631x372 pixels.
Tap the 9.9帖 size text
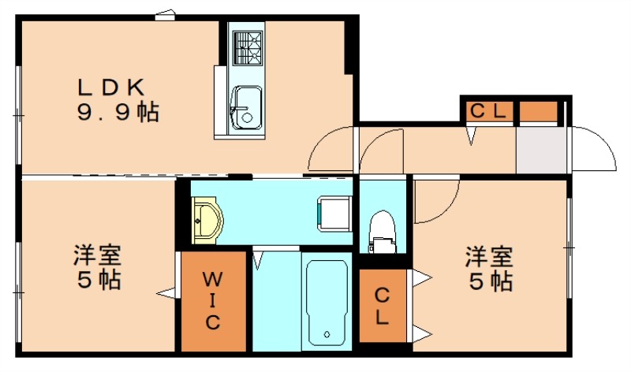coord(118,112)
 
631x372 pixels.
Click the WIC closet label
coord(213,300)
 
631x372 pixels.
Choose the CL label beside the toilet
coord(382,307)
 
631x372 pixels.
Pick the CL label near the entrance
coord(489,111)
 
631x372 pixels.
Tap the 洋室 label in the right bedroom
coord(488,256)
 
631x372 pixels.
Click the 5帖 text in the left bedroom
coord(99,279)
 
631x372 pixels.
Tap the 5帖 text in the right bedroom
coord(489,281)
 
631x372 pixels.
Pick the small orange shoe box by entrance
coord(538,111)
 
